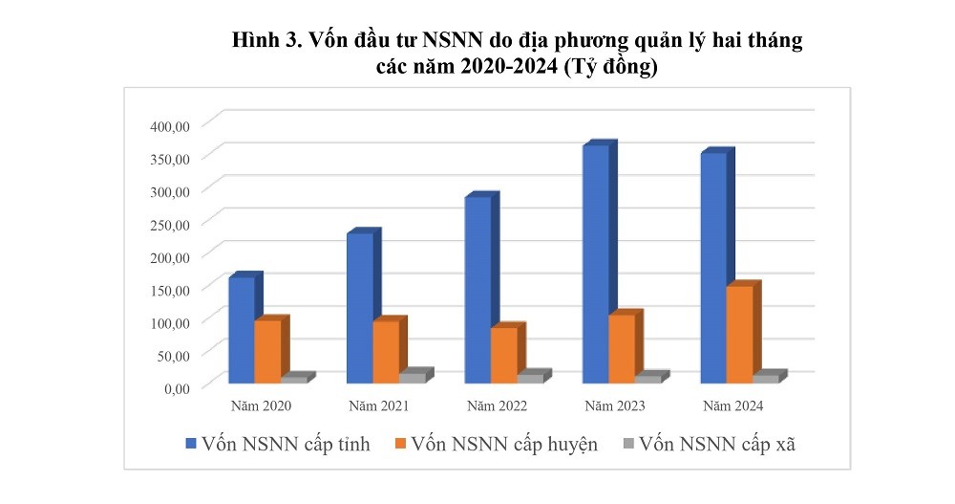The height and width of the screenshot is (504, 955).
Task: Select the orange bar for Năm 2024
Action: (740, 334)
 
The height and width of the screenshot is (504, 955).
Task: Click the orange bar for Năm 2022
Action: (504, 355)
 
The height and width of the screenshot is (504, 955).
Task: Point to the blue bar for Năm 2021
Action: (360, 308)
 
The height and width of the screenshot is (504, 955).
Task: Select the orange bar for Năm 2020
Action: (268, 351)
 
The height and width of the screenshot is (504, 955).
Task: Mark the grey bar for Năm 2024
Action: (767, 379)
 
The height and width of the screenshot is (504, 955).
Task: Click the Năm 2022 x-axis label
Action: (497, 406)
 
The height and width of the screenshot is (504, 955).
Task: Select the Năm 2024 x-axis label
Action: (732, 406)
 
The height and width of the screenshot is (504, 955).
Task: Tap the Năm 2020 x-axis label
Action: (261, 406)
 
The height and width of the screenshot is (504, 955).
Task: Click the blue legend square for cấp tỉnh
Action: (191, 444)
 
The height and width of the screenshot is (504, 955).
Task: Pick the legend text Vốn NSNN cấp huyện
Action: (505, 444)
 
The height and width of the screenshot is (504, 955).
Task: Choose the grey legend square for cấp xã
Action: (627, 444)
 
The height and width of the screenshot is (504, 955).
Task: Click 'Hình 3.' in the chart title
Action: (267, 42)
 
